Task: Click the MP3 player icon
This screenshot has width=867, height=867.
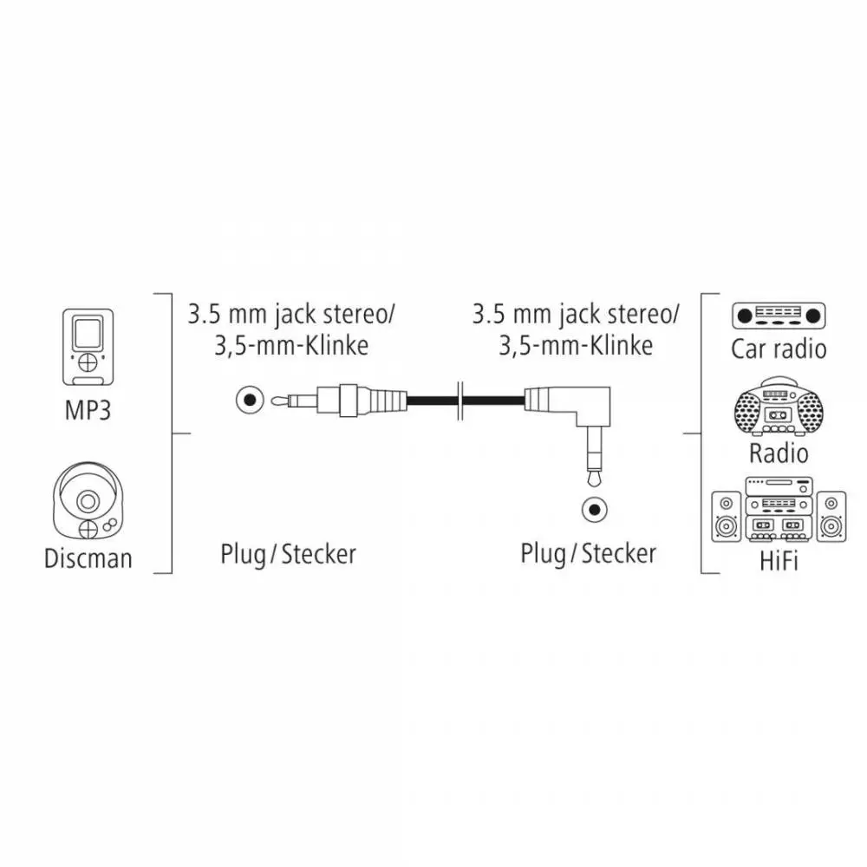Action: [88, 347]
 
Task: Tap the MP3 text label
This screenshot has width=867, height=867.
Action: [88, 410]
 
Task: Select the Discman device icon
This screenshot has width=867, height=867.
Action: [88, 500]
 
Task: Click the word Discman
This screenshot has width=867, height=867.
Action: [88, 558]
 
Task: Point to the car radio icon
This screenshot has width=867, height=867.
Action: [779, 316]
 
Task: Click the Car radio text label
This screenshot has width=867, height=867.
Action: [779, 349]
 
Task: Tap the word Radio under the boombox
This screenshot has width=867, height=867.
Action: [779, 453]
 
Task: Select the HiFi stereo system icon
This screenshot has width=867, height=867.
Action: [779, 509]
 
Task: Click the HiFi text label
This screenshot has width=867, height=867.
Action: [779, 561]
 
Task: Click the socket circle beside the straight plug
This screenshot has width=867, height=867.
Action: [250, 399]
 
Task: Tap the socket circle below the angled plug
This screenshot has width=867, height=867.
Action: [595, 509]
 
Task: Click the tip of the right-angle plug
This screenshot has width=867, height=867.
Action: [595, 479]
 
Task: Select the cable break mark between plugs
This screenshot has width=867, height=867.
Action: [460, 401]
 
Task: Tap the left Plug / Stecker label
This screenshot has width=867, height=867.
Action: [288, 554]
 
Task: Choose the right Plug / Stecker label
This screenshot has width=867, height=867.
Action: [589, 554]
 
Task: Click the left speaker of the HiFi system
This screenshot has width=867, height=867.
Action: [726, 517]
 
